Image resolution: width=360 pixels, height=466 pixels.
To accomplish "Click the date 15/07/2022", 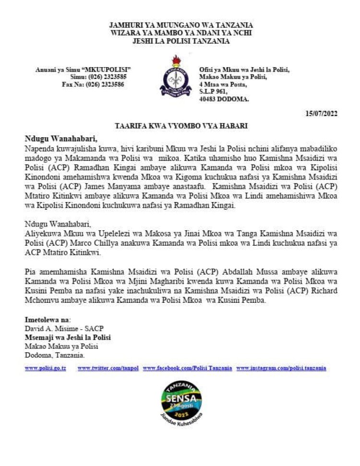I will pos(321,114).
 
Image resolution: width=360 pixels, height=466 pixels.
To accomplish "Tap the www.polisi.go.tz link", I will pos(46,368).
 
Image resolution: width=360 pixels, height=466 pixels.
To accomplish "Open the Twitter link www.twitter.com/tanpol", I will pos(108,368).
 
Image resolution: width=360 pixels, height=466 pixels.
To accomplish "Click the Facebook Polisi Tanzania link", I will pos(187,368).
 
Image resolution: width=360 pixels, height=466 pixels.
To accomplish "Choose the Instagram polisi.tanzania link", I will pos(281,368).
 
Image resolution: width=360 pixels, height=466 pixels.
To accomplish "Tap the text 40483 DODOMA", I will pos(224,99).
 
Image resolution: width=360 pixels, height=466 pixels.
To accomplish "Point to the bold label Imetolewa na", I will pos(47,319).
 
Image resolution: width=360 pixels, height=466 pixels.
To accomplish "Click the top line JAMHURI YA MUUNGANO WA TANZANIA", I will pos(181,24).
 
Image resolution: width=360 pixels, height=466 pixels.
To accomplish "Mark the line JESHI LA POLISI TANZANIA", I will pos(181,41).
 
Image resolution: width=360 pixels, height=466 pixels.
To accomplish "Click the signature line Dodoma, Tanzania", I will pos(55,355).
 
